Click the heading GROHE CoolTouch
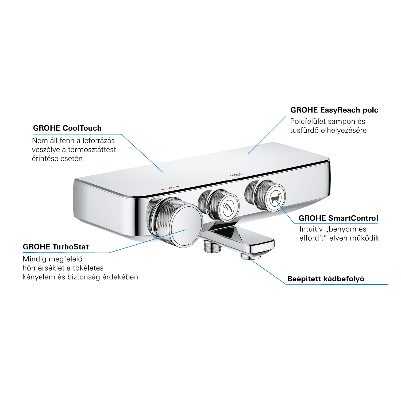point(67,128)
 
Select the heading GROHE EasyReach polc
point(334,110)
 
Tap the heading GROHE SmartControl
point(338,218)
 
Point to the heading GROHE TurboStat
point(56,247)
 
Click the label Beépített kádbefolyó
point(326,279)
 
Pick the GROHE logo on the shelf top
point(236,175)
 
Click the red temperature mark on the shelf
point(163,189)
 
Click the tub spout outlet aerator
point(250,257)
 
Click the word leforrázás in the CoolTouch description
point(98,141)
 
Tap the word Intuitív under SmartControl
point(311,229)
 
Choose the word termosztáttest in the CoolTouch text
point(92,150)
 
